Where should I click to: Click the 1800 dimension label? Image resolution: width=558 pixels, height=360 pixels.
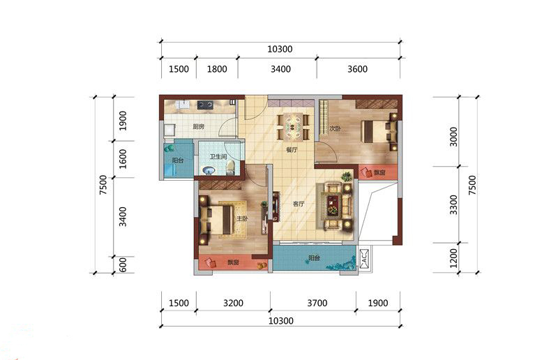point(217,69)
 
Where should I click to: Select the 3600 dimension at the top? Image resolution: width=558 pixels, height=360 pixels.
point(357,69)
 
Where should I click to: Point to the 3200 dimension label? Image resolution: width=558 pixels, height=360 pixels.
point(233,303)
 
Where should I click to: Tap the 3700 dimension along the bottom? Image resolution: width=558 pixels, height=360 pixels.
point(317,303)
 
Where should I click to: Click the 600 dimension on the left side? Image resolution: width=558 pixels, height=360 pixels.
point(123,265)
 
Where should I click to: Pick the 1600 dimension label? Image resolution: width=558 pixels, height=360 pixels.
point(123,159)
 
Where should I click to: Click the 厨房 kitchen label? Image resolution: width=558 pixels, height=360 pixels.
point(198,126)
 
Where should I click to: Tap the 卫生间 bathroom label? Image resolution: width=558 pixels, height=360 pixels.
point(218,157)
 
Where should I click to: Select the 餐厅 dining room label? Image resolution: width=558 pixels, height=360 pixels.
point(292,150)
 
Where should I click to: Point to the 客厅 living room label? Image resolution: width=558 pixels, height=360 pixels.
point(299,204)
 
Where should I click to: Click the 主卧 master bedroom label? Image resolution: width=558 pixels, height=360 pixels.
point(242,218)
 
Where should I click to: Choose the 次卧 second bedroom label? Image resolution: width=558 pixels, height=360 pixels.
point(335,128)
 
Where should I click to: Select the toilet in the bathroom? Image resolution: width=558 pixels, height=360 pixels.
point(230,167)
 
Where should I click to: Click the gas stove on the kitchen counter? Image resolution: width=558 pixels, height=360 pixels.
point(205,105)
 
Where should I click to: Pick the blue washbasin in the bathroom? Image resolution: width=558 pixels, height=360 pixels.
point(209,171)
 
